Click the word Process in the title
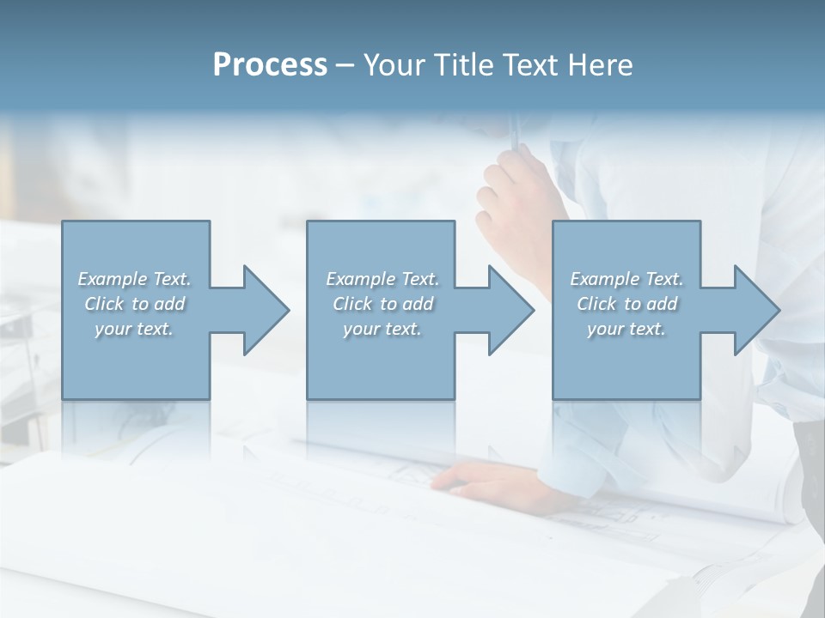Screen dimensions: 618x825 point(270,65)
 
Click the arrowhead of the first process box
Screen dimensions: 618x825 point(266,310)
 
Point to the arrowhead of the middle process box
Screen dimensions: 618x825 point(510,310)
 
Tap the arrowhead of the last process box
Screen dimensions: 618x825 point(756,310)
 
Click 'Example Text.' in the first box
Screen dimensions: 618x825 point(134,279)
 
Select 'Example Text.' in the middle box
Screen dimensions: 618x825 point(382,279)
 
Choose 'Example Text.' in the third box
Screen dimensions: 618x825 point(626,279)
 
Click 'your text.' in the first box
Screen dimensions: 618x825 point(134,329)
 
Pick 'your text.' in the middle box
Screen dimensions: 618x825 point(382,329)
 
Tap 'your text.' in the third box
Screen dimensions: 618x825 point(626,329)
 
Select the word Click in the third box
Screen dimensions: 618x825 point(596,304)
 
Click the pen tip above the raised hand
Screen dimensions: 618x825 point(515,129)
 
